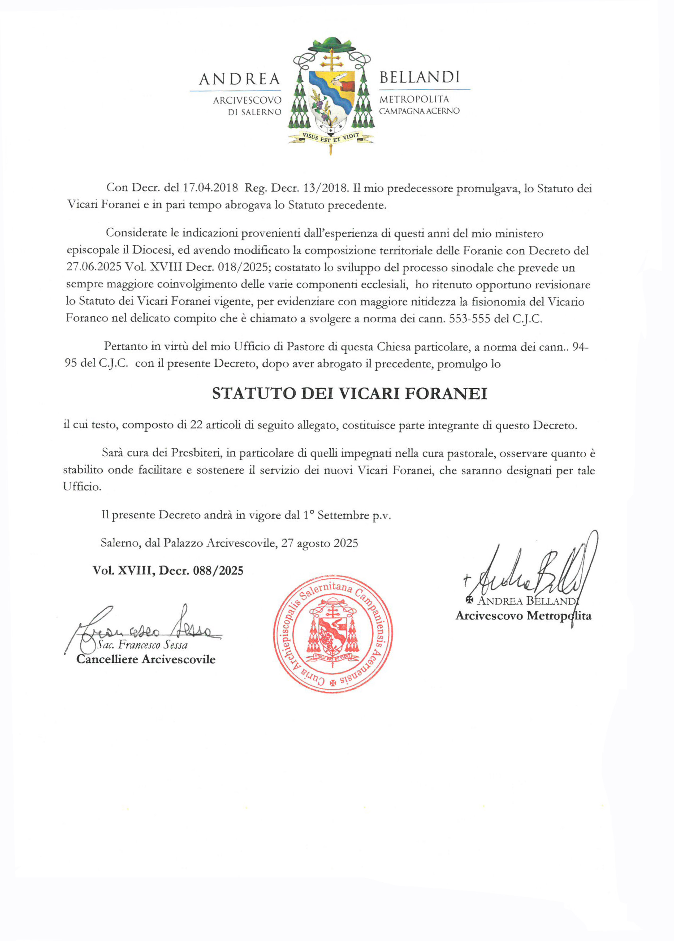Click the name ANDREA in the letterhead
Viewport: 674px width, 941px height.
pos(239,79)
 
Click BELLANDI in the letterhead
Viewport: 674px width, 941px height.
pos(419,77)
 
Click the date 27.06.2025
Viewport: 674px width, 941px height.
pos(94,267)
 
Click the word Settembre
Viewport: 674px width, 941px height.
pos(343,515)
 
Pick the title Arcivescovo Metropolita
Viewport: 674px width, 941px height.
pos(523,616)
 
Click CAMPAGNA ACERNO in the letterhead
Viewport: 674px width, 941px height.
pos(419,111)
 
